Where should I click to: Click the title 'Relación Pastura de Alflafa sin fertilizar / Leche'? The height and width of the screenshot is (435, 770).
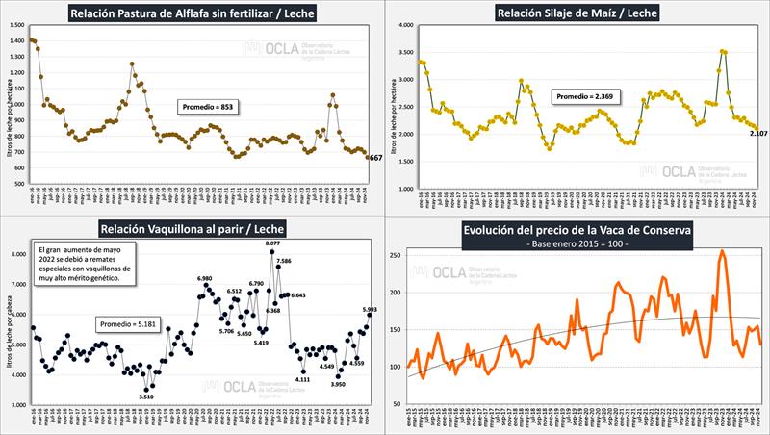(x=192, y=13)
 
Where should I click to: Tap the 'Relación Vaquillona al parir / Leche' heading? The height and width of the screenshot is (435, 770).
(x=192, y=228)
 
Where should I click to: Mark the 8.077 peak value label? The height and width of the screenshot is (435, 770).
(x=272, y=244)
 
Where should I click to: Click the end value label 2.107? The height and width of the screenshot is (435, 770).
(x=758, y=132)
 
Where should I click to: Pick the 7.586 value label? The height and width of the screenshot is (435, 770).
(x=284, y=261)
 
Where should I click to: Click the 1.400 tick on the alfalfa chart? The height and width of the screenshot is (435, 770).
(x=18, y=40)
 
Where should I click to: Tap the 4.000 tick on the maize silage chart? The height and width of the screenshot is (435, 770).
(x=405, y=25)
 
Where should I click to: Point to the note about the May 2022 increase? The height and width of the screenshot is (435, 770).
(x=85, y=263)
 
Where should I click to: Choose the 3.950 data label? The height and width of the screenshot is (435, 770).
(x=338, y=384)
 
